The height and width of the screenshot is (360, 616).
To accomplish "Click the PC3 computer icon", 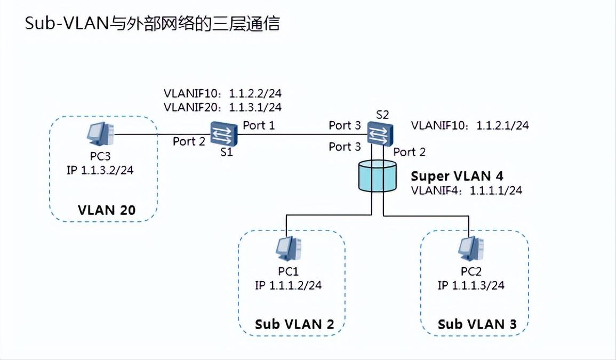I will (x=100, y=134).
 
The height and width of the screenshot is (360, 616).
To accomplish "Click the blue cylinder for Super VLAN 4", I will (x=378, y=178).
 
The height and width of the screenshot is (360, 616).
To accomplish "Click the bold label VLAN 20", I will (x=107, y=210).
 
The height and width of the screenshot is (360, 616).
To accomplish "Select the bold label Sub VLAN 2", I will (x=294, y=324).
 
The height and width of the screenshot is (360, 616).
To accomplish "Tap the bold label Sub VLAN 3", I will (x=477, y=324).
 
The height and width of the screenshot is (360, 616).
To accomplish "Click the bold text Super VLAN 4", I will (x=457, y=176).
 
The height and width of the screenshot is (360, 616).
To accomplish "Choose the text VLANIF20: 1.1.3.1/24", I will (x=222, y=107).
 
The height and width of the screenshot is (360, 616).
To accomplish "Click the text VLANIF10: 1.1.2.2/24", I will (x=222, y=94).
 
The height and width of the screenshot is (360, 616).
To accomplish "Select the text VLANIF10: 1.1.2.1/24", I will (x=470, y=125).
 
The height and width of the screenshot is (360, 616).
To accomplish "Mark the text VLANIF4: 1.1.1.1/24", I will (x=466, y=190).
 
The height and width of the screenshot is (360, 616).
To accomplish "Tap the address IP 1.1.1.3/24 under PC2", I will (x=471, y=285).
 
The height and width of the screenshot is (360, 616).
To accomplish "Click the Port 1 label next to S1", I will (x=259, y=125).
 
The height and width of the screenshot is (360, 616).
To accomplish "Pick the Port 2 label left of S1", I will (x=189, y=141).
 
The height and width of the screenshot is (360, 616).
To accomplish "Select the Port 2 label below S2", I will (x=409, y=151).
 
